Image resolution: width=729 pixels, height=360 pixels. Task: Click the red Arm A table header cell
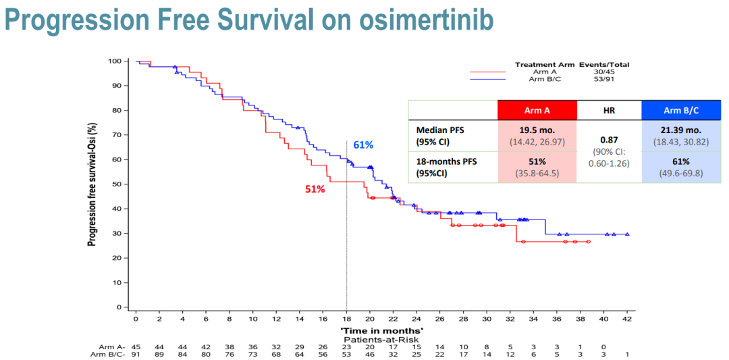tap(537, 110)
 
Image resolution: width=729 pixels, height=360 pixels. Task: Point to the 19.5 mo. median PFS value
tap(537, 130)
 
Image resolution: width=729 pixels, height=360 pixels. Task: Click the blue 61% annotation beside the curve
tap(363, 145)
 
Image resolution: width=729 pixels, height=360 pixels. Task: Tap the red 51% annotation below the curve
tap(315, 189)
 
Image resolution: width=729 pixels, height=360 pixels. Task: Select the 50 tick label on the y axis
tap(117, 184)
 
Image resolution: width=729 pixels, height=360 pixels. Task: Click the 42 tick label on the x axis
tap(627, 318)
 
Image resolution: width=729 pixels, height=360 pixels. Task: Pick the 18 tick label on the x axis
tap(346, 318)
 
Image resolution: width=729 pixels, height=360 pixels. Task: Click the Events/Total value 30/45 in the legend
tap(604, 72)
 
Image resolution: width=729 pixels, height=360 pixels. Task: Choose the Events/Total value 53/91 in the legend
tap(604, 79)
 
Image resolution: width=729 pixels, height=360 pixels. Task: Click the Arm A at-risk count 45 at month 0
tap(136, 346)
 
